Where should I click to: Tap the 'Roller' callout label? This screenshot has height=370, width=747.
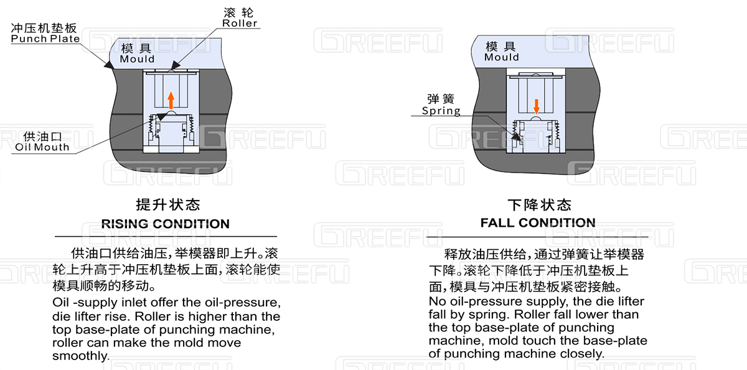(x=240, y=24)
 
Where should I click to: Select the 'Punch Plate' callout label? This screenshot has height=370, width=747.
(x=45, y=39)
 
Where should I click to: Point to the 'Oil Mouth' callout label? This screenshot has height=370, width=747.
(x=42, y=148)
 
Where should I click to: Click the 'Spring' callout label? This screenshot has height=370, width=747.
(x=441, y=111)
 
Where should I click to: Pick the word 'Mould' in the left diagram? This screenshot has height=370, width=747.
(x=137, y=59)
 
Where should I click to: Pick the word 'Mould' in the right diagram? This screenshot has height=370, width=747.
(x=502, y=57)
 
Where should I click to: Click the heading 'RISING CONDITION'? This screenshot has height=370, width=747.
(x=165, y=224)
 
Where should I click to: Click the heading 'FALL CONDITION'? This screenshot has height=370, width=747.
(x=538, y=222)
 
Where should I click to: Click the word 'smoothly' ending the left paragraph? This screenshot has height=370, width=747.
(x=80, y=356)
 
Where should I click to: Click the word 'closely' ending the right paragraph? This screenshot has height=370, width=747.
(x=582, y=353)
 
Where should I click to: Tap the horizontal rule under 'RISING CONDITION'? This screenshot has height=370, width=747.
(x=165, y=237)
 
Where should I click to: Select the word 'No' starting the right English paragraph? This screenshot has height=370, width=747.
(x=436, y=301)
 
